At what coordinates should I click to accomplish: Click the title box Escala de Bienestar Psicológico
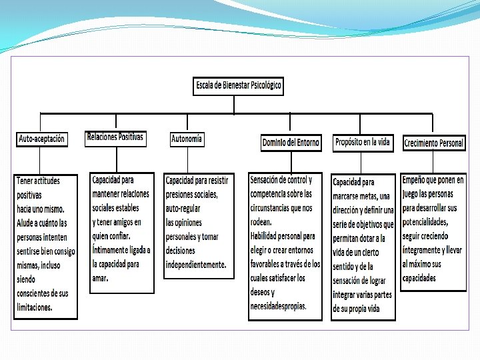tap(239, 85)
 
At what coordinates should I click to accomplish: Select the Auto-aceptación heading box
tap(41, 139)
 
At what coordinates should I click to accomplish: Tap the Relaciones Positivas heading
tap(115, 137)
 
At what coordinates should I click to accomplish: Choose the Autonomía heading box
tap(187, 139)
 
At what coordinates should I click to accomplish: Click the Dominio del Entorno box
tap(290, 143)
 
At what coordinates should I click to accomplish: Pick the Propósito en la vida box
tap(363, 142)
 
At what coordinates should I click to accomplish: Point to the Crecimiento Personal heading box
tap(433, 143)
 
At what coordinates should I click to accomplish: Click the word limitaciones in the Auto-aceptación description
tap(35, 307)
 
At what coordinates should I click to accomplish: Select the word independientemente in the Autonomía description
tap(196, 265)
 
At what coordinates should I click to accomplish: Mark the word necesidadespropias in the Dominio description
tap(278, 306)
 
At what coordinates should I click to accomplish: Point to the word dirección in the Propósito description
tap(349, 209)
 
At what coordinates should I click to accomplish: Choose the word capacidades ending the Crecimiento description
tap(419, 278)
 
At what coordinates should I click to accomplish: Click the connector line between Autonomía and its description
tap(187, 160)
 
